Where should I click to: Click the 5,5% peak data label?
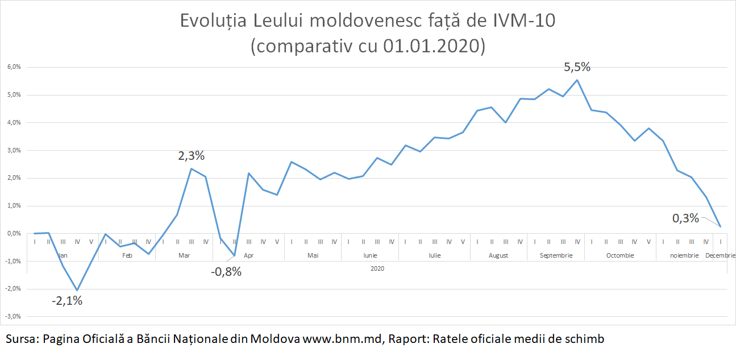tap(577, 67)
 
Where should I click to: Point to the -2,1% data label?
tap(67, 301)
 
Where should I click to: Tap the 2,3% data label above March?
tap(191, 155)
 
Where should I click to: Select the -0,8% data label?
tap(226, 271)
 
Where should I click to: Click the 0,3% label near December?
tap(685, 218)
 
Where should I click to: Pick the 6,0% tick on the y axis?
tap(14, 67)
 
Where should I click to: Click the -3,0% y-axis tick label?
tap(13, 317)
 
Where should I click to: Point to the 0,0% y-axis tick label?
tap(14, 234)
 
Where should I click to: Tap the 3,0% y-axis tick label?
tap(14, 151)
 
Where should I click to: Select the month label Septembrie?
tap(556, 256)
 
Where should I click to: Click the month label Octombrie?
tap(619, 256)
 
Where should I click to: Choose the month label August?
tap(498, 256)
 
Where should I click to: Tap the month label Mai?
tap(313, 256)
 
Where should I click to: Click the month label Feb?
tap(127, 256)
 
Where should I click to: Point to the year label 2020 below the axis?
tap(377, 268)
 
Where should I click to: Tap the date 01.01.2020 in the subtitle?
tap(431, 45)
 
